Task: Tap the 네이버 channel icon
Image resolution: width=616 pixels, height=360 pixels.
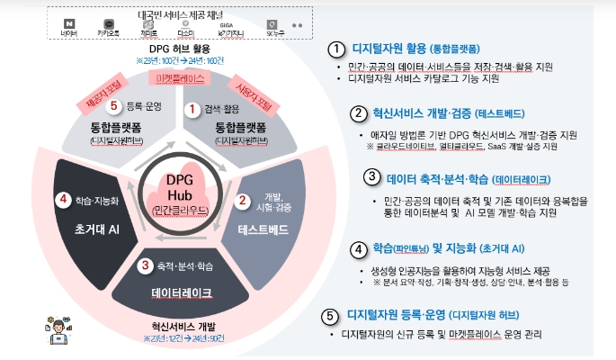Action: pyautogui.click(x=69, y=22)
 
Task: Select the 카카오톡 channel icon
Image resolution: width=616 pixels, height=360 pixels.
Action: pyautogui.click(x=108, y=22)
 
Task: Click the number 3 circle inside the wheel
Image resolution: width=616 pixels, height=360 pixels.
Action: pyautogui.click(x=145, y=265)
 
